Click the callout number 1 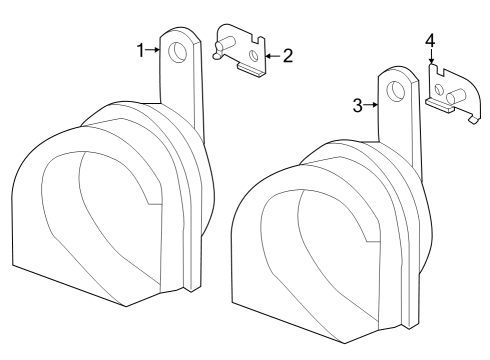(x=142, y=49)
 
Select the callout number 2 (x=287, y=55)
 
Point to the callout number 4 (x=430, y=40)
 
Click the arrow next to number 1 (x=155, y=49)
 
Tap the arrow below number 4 (x=430, y=59)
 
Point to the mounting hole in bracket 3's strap (x=398, y=90)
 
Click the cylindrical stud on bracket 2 (x=225, y=44)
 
